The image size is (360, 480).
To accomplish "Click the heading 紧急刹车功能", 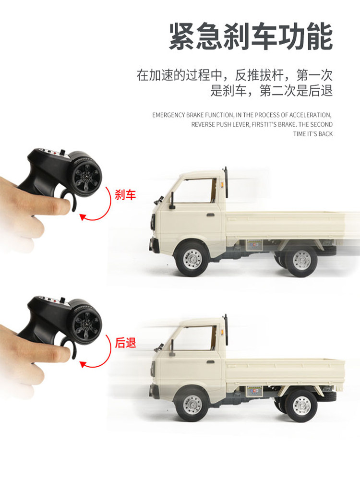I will (251, 38).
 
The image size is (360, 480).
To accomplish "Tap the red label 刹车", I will (125, 194).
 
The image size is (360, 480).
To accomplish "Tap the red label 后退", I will (125, 343).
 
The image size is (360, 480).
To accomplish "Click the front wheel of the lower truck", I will (192, 405).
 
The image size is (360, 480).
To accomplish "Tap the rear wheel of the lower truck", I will (301, 405).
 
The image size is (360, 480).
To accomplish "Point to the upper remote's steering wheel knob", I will (86, 173).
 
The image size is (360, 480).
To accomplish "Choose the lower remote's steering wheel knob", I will (86, 321).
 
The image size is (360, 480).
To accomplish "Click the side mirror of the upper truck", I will (171, 201).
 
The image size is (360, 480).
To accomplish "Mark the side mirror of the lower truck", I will (171, 348).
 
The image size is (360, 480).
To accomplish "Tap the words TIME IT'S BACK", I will (312, 134).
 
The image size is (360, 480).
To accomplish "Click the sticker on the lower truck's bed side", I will (253, 391).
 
